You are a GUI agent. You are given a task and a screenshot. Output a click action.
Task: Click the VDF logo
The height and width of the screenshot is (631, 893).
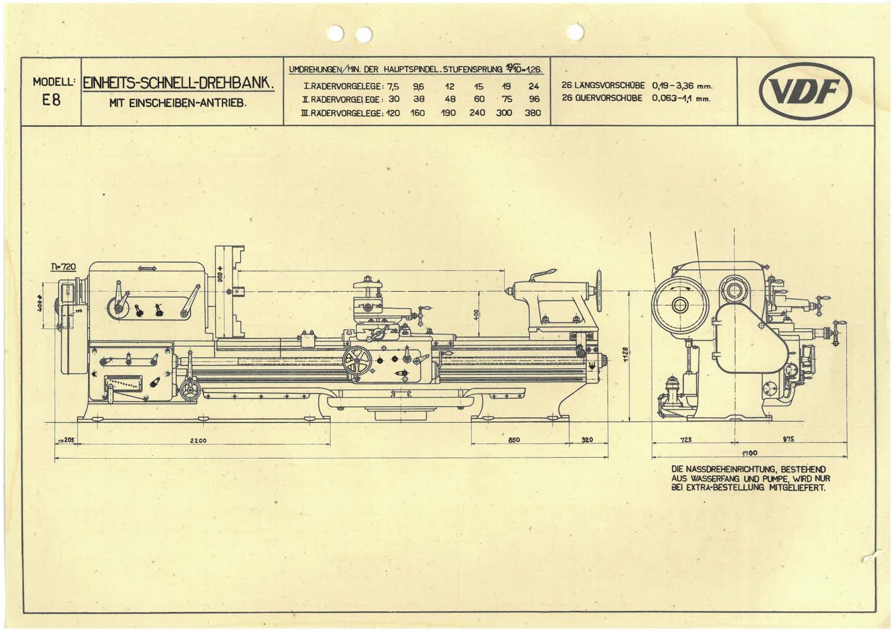(x=805, y=91)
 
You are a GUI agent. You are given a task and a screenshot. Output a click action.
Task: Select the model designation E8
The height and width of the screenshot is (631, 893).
(x=51, y=100)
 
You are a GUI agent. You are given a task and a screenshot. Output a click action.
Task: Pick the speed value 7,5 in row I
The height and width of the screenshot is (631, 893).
(x=393, y=86)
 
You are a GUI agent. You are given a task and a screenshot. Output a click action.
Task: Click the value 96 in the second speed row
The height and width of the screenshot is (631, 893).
(x=534, y=99)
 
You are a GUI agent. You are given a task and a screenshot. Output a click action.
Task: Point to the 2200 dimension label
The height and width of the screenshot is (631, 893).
(x=198, y=440)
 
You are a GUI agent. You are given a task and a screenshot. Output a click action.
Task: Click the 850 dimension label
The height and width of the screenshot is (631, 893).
(x=514, y=440)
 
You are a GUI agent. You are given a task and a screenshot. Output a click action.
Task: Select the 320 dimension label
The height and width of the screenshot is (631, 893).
(x=587, y=440)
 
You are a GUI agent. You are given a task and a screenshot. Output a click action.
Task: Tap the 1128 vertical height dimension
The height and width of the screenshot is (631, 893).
(x=626, y=354)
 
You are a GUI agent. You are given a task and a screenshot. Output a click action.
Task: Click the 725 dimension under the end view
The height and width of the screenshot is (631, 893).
(x=686, y=440)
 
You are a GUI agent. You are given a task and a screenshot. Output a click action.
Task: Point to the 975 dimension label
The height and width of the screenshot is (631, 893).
(x=788, y=439)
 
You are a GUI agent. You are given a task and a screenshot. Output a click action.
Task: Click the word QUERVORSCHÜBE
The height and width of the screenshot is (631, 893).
(x=602, y=98)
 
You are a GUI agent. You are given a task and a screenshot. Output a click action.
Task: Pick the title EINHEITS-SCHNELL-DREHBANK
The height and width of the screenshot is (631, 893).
(x=178, y=83)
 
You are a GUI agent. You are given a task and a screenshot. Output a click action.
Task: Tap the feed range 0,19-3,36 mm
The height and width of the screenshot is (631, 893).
(x=681, y=85)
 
